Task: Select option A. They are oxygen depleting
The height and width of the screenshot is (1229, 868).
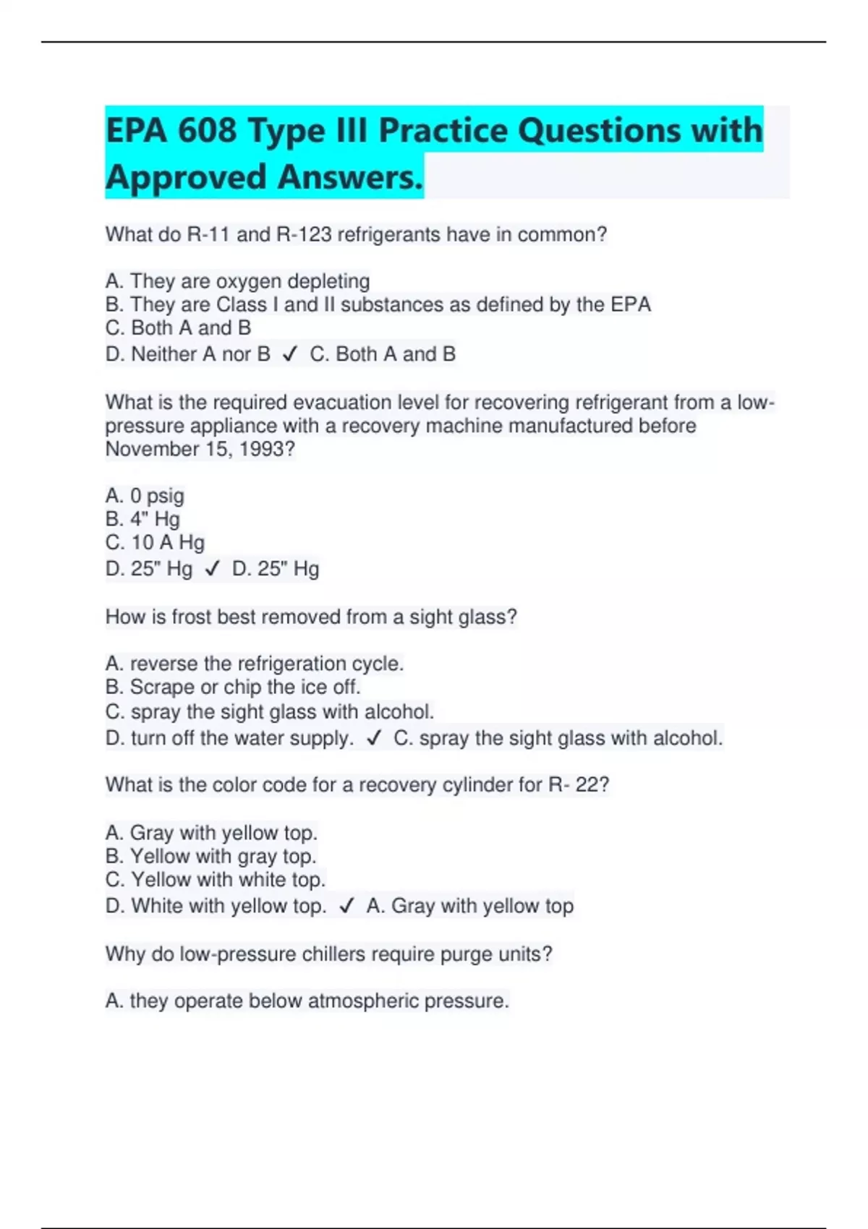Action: (237, 281)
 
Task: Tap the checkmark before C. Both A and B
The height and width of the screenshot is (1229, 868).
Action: (290, 354)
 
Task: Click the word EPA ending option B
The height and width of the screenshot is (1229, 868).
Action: (631, 304)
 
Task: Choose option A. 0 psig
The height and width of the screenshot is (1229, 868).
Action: (145, 496)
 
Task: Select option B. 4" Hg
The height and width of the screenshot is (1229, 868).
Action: (142, 519)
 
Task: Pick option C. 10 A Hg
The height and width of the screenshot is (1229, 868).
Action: (155, 542)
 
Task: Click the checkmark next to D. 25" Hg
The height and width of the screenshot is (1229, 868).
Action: (212, 569)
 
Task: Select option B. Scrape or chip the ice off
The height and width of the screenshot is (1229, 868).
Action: (232, 687)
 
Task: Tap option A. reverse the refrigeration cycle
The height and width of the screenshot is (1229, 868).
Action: (254, 664)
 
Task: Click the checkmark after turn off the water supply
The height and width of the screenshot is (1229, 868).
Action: (374, 738)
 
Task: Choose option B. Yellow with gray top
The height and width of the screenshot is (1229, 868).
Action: (210, 856)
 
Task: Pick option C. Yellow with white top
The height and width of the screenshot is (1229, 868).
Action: (215, 880)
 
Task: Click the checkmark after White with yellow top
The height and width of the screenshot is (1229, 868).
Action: (346, 906)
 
